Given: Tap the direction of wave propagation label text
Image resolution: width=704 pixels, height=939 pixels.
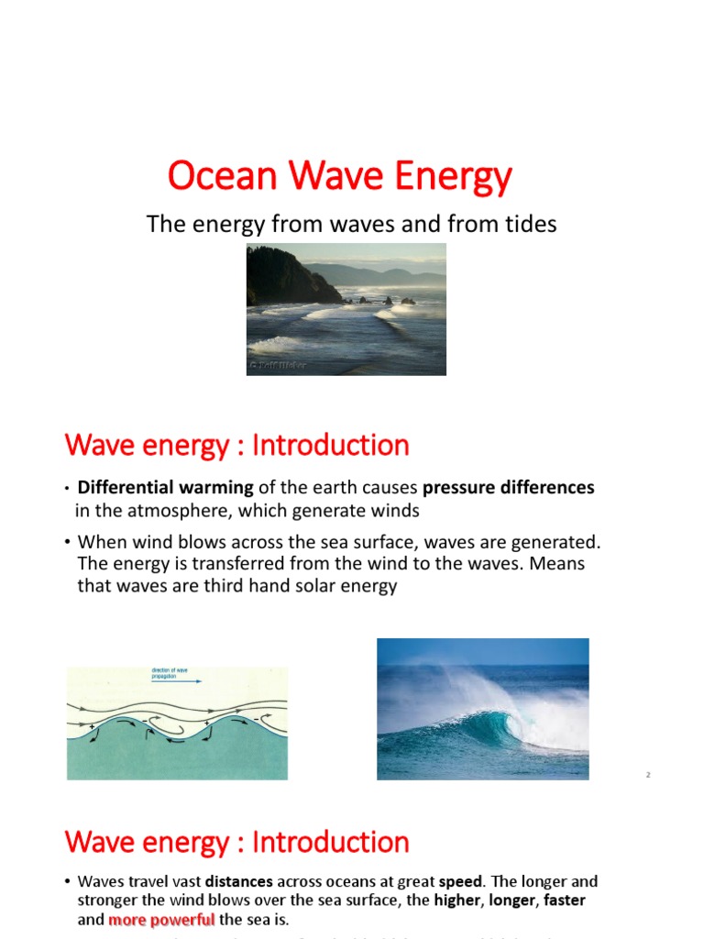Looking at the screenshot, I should click(170, 673).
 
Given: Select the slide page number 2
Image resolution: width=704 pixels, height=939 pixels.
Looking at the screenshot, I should click(647, 776).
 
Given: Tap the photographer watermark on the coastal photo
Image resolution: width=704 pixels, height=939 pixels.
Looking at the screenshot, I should click(277, 366).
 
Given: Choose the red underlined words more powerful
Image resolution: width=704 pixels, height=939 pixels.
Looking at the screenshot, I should click(161, 920).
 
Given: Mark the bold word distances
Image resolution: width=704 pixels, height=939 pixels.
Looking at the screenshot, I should click(238, 881).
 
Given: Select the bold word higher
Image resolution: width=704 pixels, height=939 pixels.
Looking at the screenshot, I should click(456, 900).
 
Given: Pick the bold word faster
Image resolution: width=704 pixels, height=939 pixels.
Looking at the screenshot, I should click(565, 900).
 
